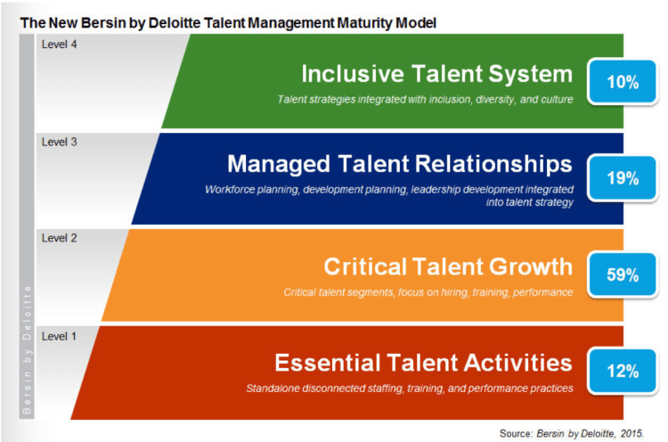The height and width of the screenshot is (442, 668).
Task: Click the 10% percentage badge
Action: pyautogui.click(x=623, y=82)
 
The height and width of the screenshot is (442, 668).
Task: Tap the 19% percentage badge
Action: pyautogui.click(x=623, y=178)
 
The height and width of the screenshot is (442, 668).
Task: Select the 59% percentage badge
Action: pyautogui.click(x=623, y=274)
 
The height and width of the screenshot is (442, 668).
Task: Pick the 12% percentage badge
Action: pyautogui.click(x=623, y=372)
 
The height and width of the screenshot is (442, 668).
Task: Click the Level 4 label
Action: pyautogui.click(x=59, y=45)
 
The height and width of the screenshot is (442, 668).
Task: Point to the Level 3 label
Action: pyautogui.click(x=59, y=142)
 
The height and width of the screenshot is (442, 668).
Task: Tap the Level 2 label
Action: pyautogui.click(x=59, y=238)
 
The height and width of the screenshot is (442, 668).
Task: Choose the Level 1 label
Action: pyautogui.click(x=59, y=336)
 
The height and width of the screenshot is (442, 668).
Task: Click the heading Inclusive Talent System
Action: pyautogui.click(x=437, y=74)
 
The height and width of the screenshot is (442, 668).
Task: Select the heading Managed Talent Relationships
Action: pyautogui.click(x=400, y=164)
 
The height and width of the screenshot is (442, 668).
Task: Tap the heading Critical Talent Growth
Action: pyautogui.click(x=448, y=266)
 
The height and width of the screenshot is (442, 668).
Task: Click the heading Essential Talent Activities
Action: pyautogui.click(x=423, y=363)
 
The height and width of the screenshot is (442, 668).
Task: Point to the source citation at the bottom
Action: pyautogui.click(x=571, y=433)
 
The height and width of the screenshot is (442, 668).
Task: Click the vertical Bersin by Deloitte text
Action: pyautogui.click(x=27, y=349)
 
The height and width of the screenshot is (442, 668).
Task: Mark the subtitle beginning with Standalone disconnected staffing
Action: pyautogui.click(x=410, y=389)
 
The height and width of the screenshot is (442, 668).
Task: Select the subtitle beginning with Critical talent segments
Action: pyautogui.click(x=428, y=292)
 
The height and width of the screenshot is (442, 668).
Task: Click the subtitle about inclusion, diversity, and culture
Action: pyautogui.click(x=425, y=99)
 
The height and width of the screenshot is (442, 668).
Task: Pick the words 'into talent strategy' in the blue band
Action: pyautogui.click(x=530, y=202)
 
